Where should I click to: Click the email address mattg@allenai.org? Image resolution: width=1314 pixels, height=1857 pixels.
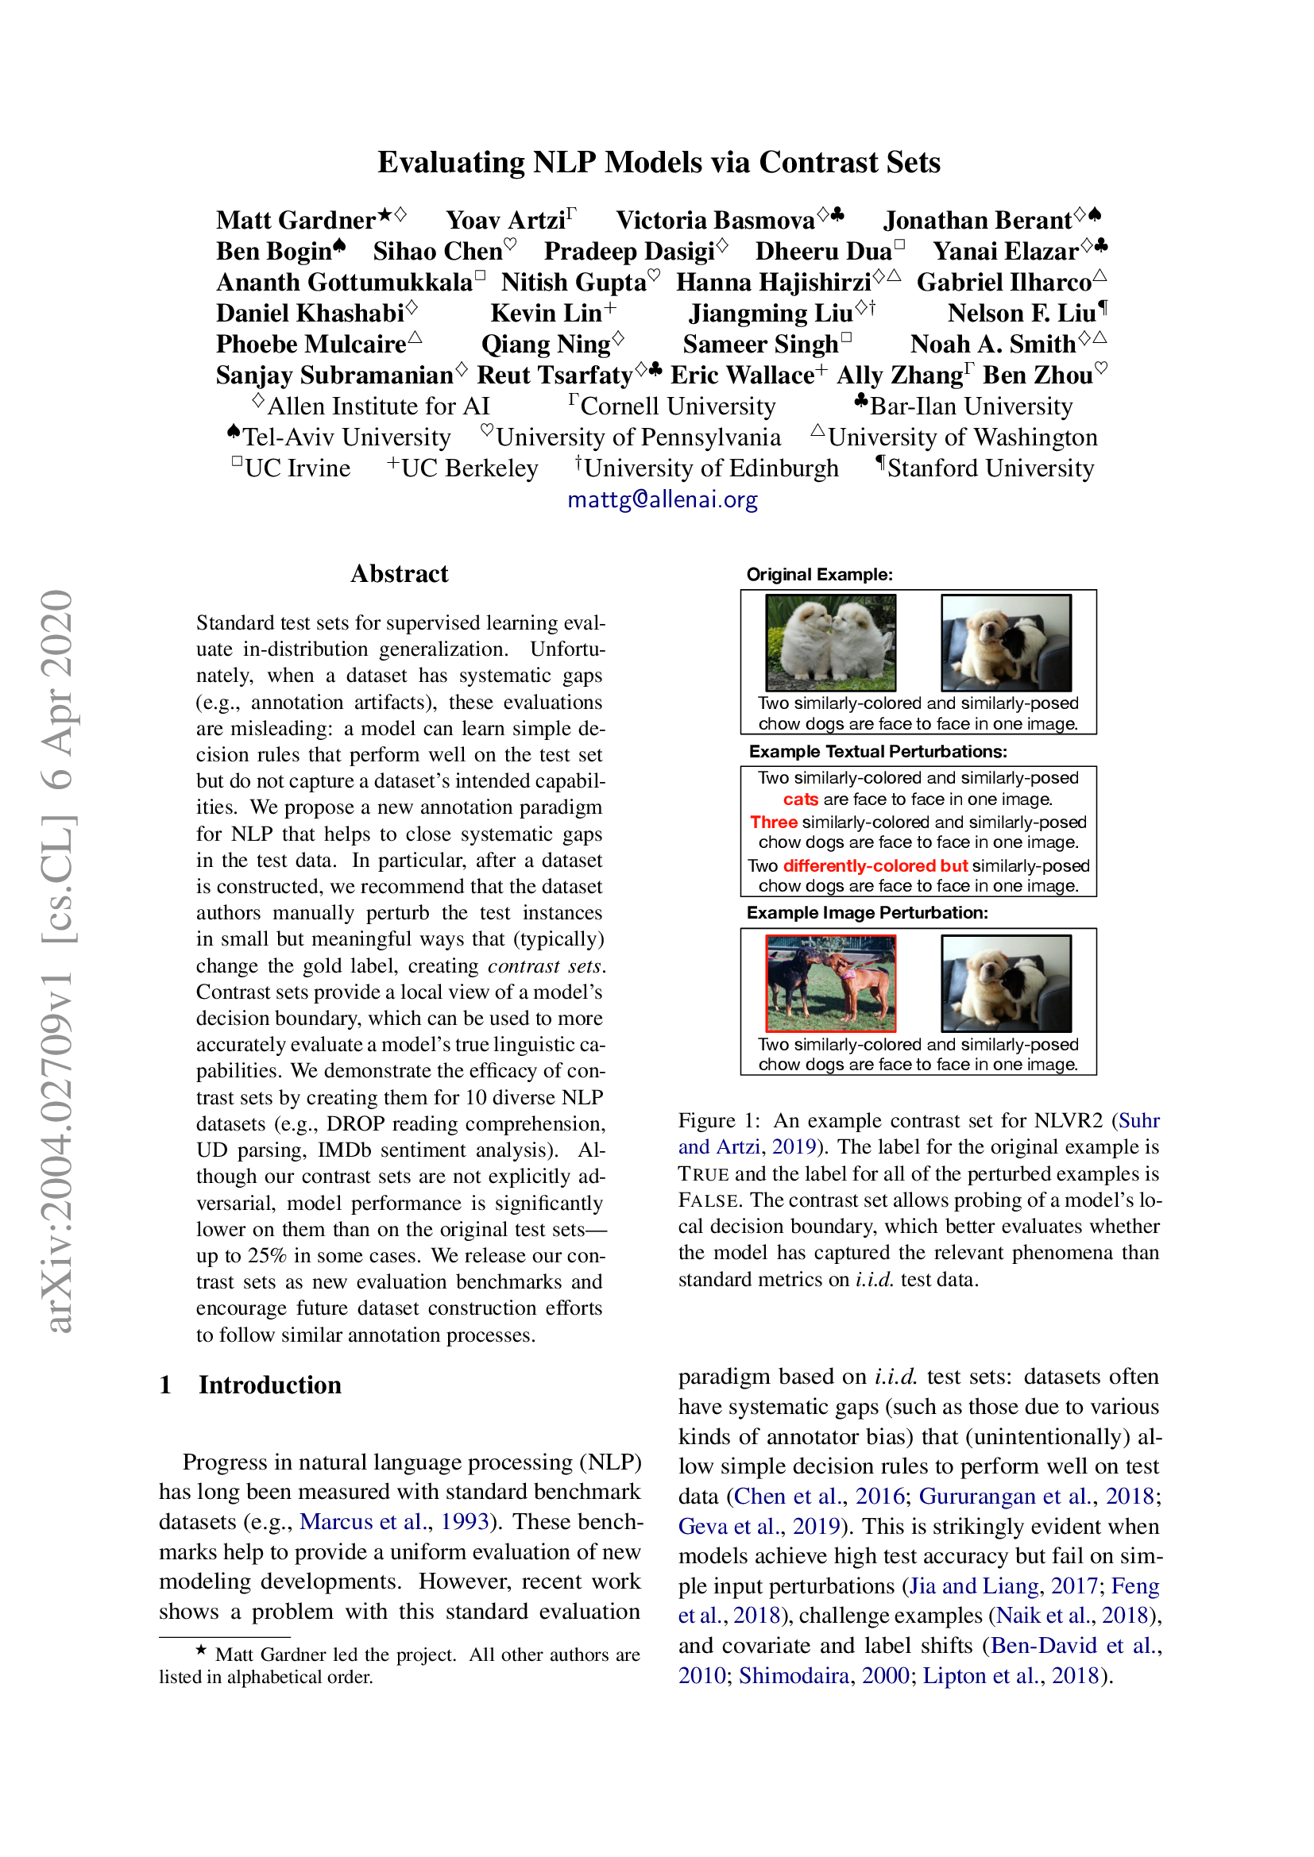pyautogui.click(x=662, y=499)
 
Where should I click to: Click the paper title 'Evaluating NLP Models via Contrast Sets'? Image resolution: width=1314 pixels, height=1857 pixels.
pyautogui.click(x=659, y=163)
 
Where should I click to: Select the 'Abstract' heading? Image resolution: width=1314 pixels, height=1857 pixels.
pyautogui.click(x=399, y=573)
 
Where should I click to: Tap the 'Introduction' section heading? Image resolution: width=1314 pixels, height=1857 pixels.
pyautogui.click(x=269, y=1385)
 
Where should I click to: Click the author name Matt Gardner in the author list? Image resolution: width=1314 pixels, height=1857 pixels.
pyautogui.click(x=296, y=220)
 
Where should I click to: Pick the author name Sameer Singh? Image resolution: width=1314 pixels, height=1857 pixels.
pyautogui.click(x=759, y=345)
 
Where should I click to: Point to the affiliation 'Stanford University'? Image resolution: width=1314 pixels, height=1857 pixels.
pyautogui.click(x=991, y=468)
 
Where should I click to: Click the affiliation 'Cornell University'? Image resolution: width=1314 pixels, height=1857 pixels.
pyautogui.click(x=677, y=406)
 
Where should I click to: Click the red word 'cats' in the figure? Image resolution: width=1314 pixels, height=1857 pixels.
pyautogui.click(x=800, y=799)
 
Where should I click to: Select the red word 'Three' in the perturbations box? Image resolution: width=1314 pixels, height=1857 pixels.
pyautogui.click(x=774, y=822)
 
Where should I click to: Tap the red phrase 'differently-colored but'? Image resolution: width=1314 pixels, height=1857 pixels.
pyautogui.click(x=875, y=865)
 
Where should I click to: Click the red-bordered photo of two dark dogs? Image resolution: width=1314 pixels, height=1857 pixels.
pyautogui.click(x=831, y=983)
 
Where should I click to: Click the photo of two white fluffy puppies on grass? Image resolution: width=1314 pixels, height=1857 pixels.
pyautogui.click(x=831, y=642)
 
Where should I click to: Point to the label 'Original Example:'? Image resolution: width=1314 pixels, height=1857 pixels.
pyautogui.click(x=819, y=574)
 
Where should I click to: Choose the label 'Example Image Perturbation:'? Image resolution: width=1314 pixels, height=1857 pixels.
pyautogui.click(x=867, y=913)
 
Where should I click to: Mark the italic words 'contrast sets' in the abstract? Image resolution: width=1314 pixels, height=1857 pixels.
pyautogui.click(x=544, y=965)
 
